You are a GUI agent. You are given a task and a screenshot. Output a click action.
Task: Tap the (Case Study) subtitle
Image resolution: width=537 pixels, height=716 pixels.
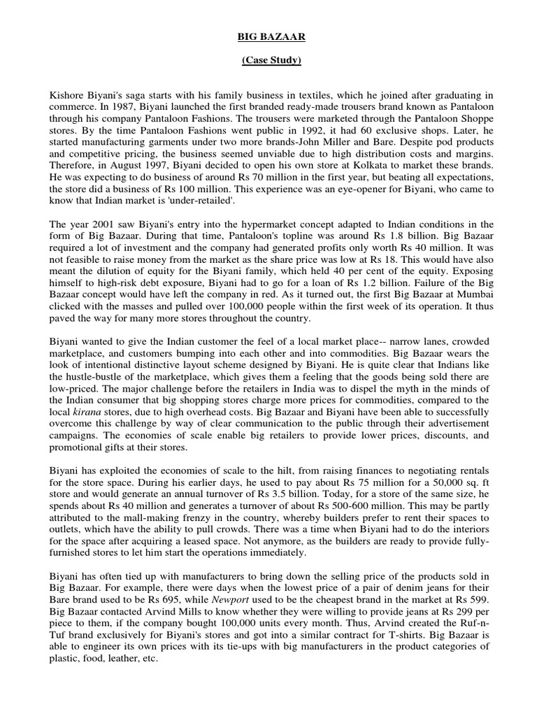tap(271, 61)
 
